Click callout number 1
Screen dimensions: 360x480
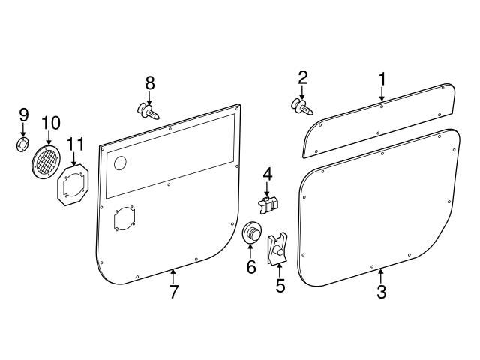tap(382, 79)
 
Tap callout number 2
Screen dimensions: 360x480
tap(303, 77)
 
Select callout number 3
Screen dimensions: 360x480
tap(382, 292)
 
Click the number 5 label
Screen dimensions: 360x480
tap(280, 285)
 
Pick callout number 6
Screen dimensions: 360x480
tap(251, 266)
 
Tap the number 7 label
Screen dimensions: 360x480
tap(174, 292)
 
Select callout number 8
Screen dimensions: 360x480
tap(150, 82)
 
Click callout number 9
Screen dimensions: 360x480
tap(23, 115)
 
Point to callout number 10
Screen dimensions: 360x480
tap(50, 121)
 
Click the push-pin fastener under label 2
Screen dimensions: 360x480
tap(302, 107)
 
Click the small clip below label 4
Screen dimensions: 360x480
tap(268, 202)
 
